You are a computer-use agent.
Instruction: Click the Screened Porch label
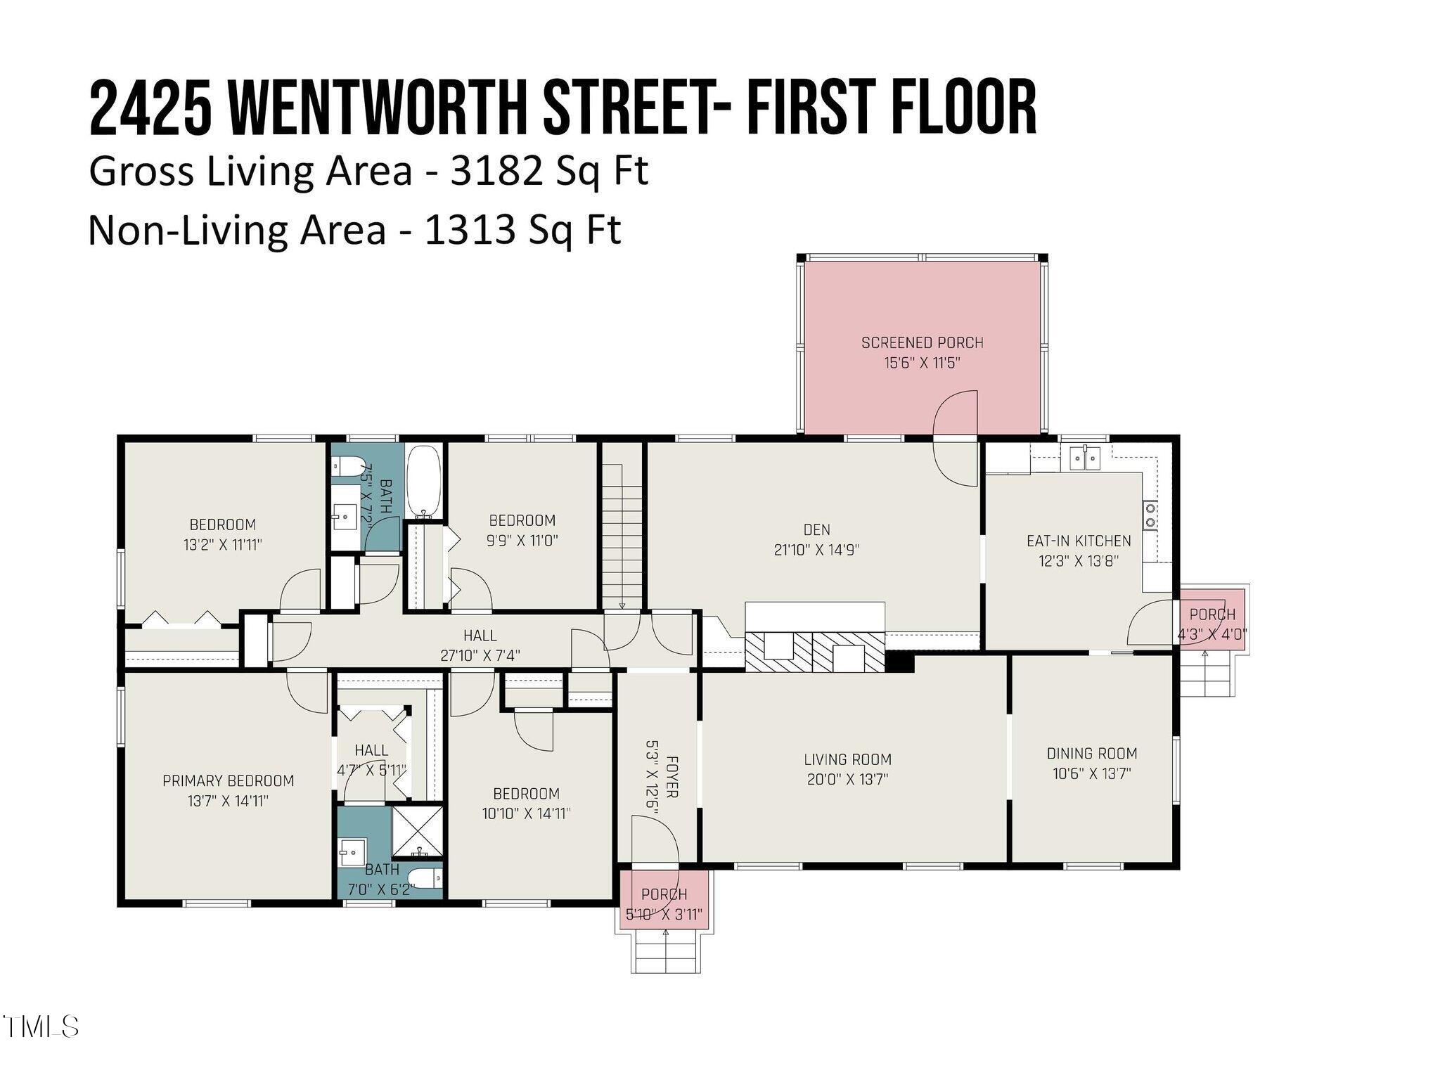(x=922, y=343)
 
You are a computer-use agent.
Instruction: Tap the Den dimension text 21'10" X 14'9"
(x=816, y=551)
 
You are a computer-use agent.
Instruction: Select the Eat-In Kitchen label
(x=1079, y=541)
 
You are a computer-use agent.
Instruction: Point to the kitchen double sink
(x=1086, y=458)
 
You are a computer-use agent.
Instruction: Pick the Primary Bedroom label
(x=228, y=780)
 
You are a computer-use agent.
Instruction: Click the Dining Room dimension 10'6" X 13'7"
(x=1091, y=774)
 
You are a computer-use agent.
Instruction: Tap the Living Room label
(x=847, y=759)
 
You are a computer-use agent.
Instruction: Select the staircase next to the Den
(x=622, y=534)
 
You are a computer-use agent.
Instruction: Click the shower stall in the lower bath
(x=418, y=833)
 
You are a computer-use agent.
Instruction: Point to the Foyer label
(x=672, y=776)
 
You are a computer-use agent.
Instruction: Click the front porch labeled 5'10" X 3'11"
(x=664, y=903)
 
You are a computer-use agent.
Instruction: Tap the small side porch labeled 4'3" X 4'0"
(x=1212, y=623)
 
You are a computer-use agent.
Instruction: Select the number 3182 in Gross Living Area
(x=496, y=171)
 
